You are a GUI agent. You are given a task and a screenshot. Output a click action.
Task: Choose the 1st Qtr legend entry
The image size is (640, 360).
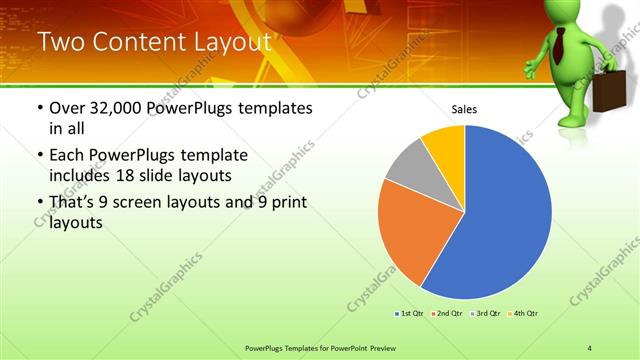click(x=410, y=314)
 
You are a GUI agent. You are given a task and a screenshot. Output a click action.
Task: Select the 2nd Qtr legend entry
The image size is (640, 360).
click(x=446, y=314)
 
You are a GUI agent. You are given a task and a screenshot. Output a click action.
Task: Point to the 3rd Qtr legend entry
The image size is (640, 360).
click(x=485, y=314)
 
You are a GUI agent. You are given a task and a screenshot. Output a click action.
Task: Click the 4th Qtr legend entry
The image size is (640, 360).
click(x=523, y=314)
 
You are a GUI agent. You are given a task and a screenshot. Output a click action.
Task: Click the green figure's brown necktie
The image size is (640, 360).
click(x=561, y=44)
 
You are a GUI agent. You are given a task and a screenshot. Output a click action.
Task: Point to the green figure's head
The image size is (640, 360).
click(x=566, y=14)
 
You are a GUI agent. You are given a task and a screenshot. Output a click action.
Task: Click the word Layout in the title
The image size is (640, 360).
click(x=225, y=42)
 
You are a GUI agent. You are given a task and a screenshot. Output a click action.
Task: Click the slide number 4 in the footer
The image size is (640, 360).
click(x=590, y=347)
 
